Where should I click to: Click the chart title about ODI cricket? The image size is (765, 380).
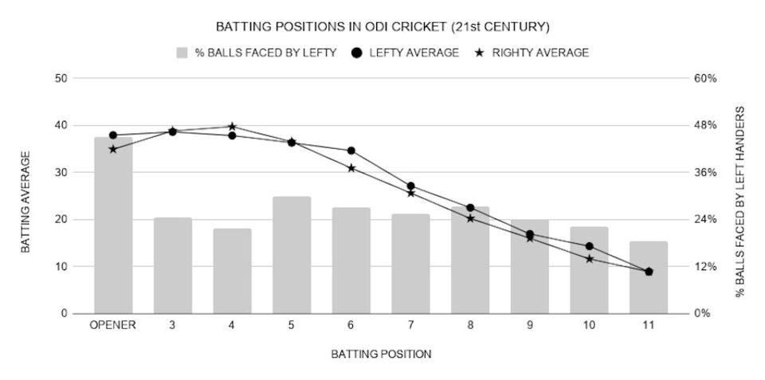click(382, 27)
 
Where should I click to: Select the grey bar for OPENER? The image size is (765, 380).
click(113, 225)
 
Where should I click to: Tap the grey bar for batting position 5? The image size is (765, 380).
click(292, 255)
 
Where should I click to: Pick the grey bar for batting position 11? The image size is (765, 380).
click(649, 277)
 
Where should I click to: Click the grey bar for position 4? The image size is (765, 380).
click(232, 271)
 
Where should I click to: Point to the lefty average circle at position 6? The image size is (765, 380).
click(351, 151)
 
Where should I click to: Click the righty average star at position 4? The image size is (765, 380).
click(232, 127)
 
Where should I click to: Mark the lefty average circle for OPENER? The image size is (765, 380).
click(113, 135)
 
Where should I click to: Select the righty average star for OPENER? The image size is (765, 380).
click(113, 149)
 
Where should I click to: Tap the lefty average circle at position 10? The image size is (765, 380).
click(589, 246)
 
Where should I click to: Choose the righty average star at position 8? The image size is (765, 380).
click(470, 218)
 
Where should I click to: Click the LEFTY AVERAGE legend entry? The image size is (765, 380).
click(406, 53)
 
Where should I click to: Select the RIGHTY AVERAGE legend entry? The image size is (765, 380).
click(532, 53)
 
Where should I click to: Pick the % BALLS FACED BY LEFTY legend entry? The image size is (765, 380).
click(257, 53)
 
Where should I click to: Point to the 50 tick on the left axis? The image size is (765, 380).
click(61, 79)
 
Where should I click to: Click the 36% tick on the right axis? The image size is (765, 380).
click(706, 173)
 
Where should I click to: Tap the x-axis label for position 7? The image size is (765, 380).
click(411, 325)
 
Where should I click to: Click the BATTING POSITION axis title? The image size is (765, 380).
click(381, 355)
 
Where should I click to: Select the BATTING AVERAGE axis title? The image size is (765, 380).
click(25, 202)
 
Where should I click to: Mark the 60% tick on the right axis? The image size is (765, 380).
click(706, 79)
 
